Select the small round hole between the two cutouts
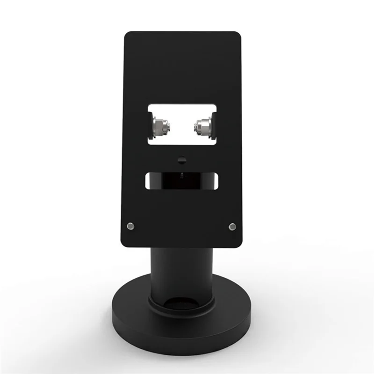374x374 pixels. coord(181,160)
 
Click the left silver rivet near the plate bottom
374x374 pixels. coord(131,226)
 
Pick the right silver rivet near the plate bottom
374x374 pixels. coord(232,226)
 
